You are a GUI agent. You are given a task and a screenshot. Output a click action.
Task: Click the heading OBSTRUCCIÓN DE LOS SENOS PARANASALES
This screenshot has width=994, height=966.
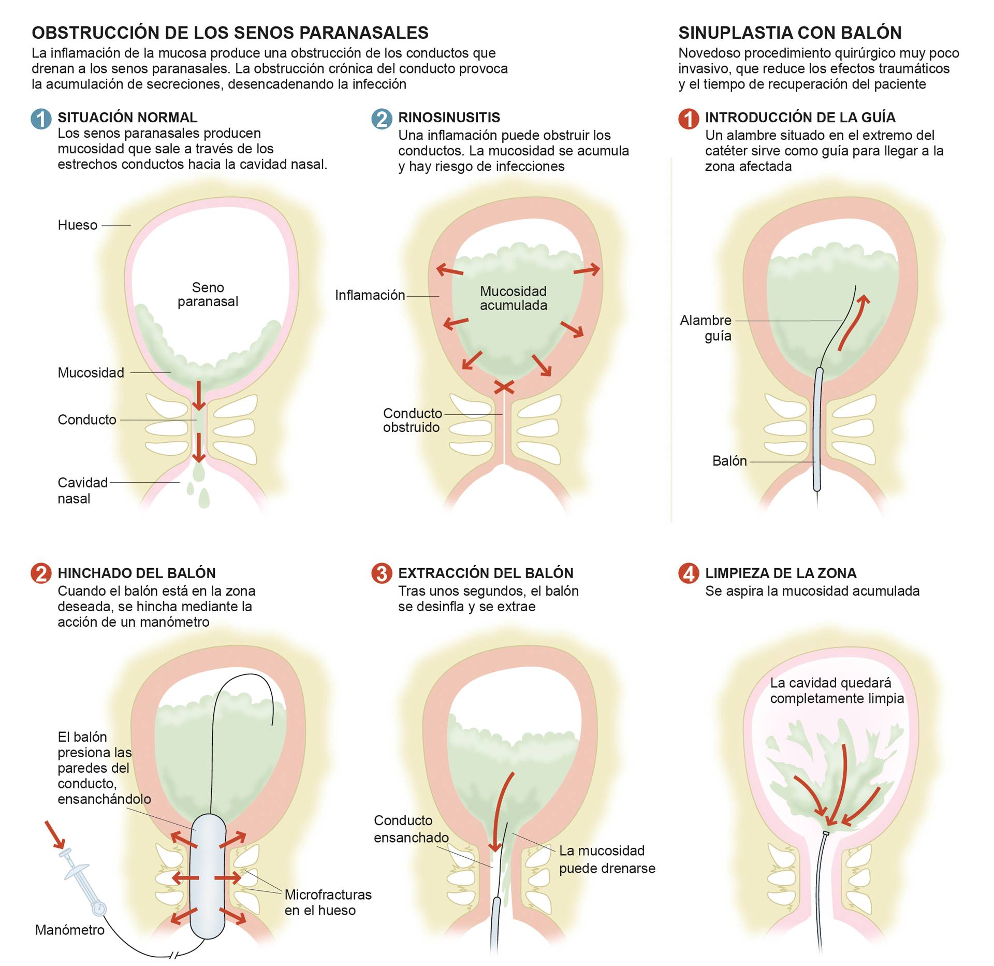click(230, 33)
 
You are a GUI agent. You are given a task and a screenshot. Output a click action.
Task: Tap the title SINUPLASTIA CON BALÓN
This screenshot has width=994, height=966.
click(790, 33)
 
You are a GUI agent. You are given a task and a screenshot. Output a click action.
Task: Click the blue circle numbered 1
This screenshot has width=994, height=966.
click(41, 119)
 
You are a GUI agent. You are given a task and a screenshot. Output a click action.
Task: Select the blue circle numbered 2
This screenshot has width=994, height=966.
click(382, 119)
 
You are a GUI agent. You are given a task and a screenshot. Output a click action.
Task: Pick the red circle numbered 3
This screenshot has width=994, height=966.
click(382, 573)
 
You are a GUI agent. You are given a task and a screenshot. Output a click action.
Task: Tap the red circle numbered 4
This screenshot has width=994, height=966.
click(689, 573)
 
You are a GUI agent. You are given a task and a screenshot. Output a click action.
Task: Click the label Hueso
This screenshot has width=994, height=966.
click(78, 225)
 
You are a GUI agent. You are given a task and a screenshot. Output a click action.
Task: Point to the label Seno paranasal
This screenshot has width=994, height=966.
click(208, 294)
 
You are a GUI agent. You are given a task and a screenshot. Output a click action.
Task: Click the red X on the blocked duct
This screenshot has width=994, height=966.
click(504, 387)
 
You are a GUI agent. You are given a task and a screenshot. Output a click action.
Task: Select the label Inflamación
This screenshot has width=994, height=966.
click(370, 295)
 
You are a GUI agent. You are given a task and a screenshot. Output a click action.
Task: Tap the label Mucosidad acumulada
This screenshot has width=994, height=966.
click(514, 298)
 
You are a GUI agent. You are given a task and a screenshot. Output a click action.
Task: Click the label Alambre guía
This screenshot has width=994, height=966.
click(706, 328)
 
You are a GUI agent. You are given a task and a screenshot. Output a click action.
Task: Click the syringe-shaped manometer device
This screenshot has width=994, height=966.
click(82, 881)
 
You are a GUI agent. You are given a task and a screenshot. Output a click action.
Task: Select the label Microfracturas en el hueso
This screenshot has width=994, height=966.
click(328, 902)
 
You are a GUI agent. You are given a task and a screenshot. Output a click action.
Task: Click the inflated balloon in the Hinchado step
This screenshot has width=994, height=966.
click(208, 876)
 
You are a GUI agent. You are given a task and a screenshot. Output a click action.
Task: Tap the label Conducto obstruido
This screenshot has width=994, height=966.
click(413, 420)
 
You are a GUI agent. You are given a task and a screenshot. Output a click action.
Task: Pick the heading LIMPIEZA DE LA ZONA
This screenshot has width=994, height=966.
click(781, 573)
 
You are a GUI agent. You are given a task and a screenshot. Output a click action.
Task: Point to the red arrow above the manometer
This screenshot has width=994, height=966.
click(55, 834)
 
